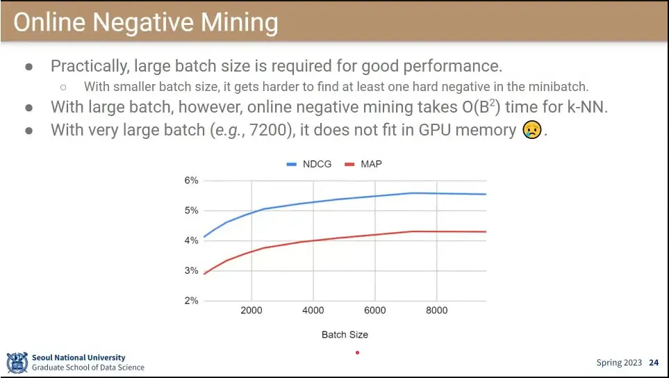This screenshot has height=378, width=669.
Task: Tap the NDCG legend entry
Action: [x=310, y=164]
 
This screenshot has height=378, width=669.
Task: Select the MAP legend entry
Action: [x=372, y=164]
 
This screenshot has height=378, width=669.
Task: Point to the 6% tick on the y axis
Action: [x=190, y=181]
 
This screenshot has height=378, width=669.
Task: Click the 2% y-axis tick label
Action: [x=190, y=301]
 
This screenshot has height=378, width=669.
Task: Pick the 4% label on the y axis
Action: [x=190, y=241]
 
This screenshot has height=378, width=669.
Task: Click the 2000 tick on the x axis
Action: [x=251, y=311]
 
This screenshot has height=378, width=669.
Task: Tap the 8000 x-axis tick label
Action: [x=436, y=311]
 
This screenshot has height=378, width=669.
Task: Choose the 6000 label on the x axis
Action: [x=374, y=311]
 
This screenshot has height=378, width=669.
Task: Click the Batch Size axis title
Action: [x=345, y=335]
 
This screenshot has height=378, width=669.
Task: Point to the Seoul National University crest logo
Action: [x=17, y=363]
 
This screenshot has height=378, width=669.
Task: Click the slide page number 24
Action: [x=654, y=363]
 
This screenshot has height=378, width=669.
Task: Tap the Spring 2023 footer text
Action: [x=620, y=363]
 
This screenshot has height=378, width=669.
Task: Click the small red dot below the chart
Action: [x=357, y=353]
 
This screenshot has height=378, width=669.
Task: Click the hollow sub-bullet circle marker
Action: [x=63, y=88]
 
